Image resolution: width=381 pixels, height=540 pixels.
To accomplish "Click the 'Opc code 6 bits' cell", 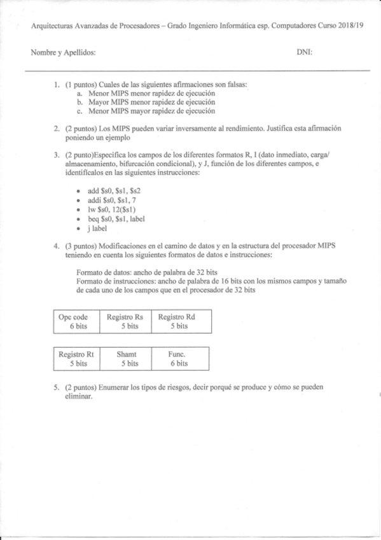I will pos(78,321).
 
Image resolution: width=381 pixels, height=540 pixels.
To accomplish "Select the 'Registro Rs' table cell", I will pos(129,321).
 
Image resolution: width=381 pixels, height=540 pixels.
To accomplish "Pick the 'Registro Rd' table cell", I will pos(181,321).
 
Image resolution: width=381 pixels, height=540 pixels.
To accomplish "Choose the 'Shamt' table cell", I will pos(129,359).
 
